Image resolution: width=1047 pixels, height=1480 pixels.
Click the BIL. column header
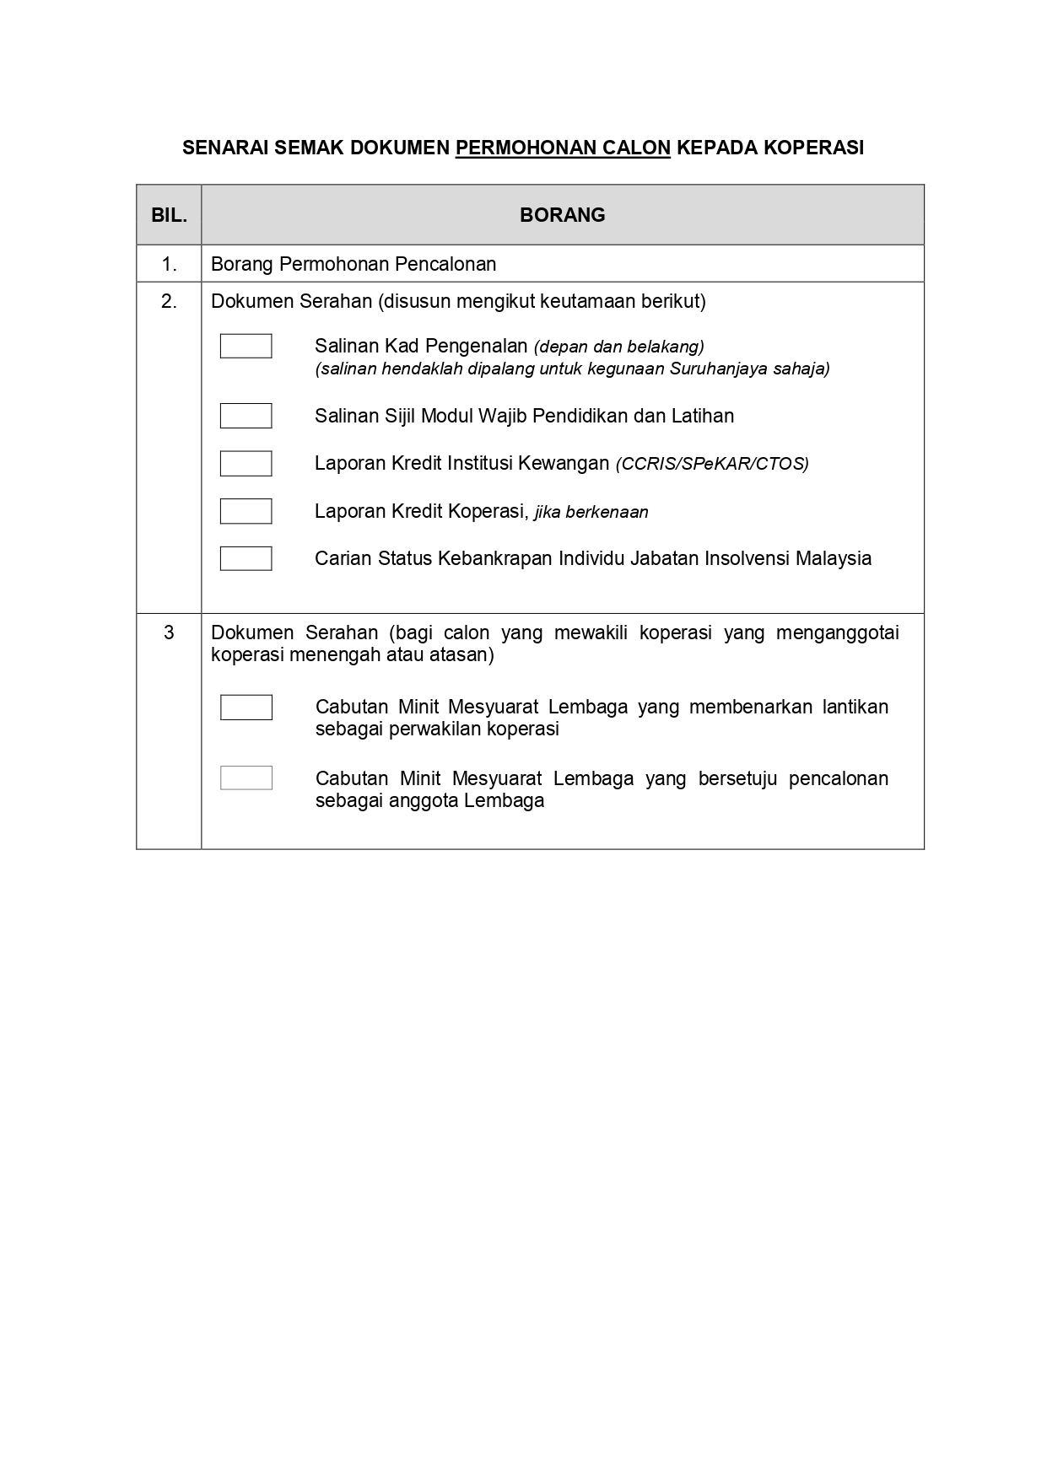coord(169,215)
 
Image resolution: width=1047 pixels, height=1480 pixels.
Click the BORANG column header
coord(562,215)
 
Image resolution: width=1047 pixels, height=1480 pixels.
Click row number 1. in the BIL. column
coord(169,264)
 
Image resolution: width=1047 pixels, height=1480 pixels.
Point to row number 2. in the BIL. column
coord(169,301)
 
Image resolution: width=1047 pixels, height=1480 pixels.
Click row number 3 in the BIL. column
coord(169,632)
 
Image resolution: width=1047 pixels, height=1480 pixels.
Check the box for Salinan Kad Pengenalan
coord(246,346)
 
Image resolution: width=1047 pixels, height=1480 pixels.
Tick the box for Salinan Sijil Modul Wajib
coord(246,416)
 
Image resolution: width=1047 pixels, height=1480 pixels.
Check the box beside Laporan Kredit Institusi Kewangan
coord(246,463)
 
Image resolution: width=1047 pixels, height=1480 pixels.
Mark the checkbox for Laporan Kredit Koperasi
coord(246,511)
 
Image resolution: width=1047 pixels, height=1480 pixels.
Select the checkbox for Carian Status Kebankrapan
coord(246,558)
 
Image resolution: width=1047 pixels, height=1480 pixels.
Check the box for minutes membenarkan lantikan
coord(246,707)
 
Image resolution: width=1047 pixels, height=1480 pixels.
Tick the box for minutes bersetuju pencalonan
coord(246,778)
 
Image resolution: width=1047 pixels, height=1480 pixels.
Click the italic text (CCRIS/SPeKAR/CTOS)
coord(712,464)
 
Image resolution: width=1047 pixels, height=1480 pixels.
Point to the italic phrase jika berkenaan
coord(591,512)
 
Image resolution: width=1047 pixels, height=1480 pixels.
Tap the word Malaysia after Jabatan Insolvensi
coord(834,558)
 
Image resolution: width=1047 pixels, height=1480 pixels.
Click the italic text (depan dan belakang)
coord(619,347)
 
